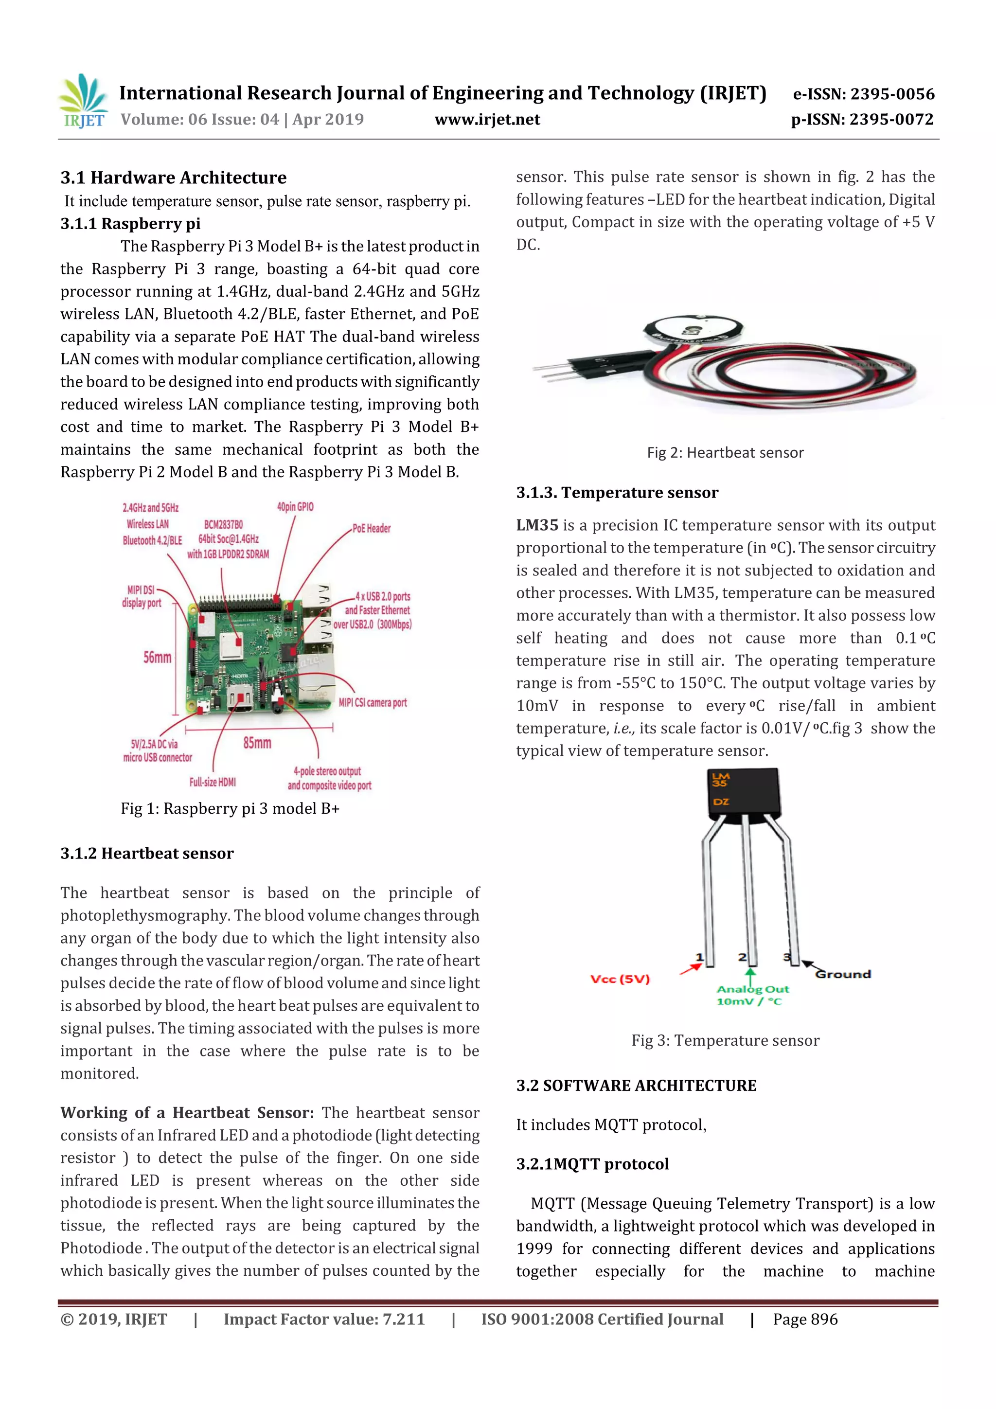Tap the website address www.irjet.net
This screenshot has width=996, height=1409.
pos(487,119)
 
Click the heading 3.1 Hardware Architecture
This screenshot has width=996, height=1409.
pos(173,178)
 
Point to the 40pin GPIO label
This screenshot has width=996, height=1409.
pos(295,507)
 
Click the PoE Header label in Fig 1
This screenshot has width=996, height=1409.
pos(371,528)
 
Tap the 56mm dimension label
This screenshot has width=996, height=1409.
pos(157,657)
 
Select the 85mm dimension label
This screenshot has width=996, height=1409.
pos(257,743)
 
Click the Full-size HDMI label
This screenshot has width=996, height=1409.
pos(213,782)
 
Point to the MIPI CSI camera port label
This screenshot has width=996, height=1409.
pos(373,703)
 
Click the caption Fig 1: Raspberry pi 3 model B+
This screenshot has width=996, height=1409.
pos(230,809)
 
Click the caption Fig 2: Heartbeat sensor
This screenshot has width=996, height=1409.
pos(725,453)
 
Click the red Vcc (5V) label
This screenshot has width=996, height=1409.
pos(620,979)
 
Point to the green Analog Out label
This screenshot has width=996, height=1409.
pos(752,989)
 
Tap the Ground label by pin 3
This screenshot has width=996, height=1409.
pos(843,974)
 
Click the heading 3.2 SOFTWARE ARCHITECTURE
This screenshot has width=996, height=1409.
pos(636,1086)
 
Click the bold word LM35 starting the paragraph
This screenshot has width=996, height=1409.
pos(537,525)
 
